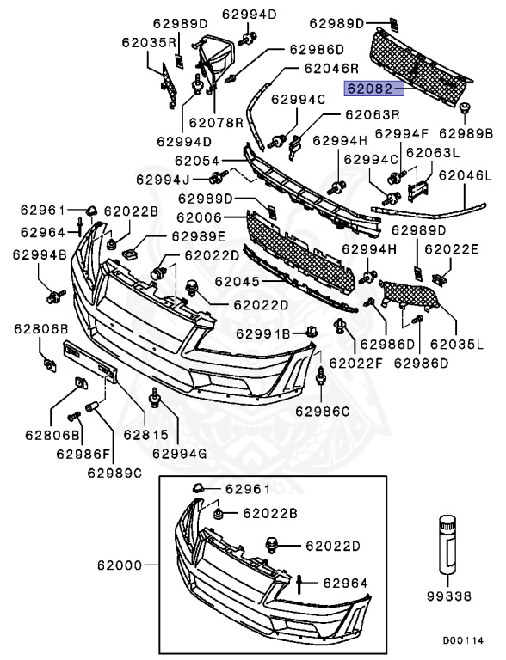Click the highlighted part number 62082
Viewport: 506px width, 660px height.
point(368,88)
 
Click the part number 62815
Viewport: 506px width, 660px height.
point(132,434)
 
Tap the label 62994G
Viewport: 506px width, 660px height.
point(181,452)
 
